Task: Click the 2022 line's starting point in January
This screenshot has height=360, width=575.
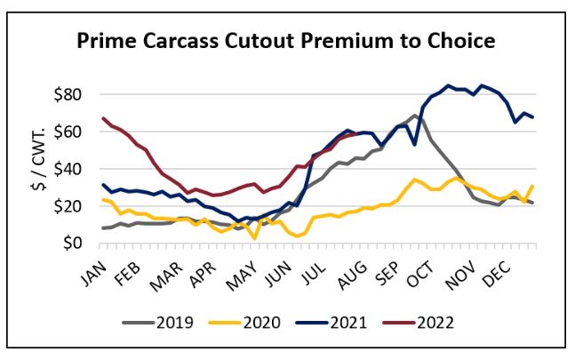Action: coord(104,118)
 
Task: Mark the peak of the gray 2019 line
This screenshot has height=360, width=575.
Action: coord(415,116)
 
